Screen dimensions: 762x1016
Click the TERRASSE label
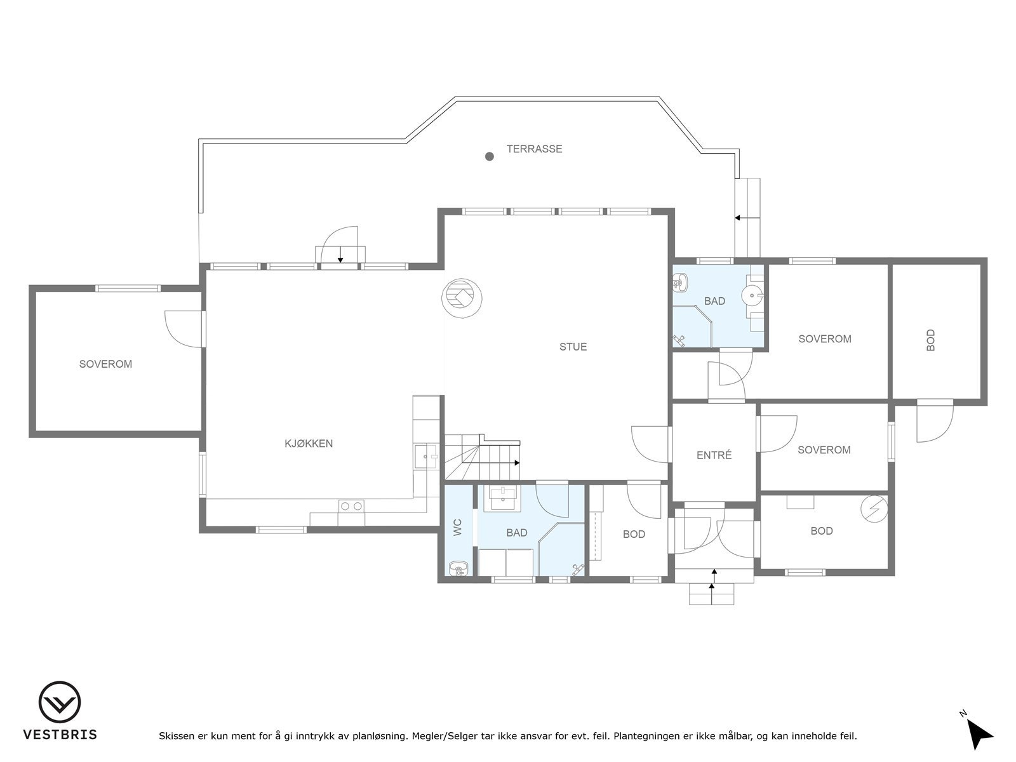(x=534, y=149)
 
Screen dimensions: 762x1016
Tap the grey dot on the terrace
(x=489, y=156)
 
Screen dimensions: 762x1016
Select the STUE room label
(x=573, y=347)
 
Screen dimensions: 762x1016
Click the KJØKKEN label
(x=309, y=443)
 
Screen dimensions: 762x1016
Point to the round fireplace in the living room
(x=462, y=297)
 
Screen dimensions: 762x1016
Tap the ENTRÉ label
(x=714, y=455)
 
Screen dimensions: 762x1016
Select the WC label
(x=458, y=528)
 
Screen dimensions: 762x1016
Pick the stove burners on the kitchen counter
(x=351, y=506)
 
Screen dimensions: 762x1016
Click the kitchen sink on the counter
(x=426, y=457)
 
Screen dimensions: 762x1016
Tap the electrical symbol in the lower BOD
(x=874, y=507)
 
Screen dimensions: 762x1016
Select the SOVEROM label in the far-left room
(x=105, y=364)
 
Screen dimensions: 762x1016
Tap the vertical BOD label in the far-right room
(x=930, y=340)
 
